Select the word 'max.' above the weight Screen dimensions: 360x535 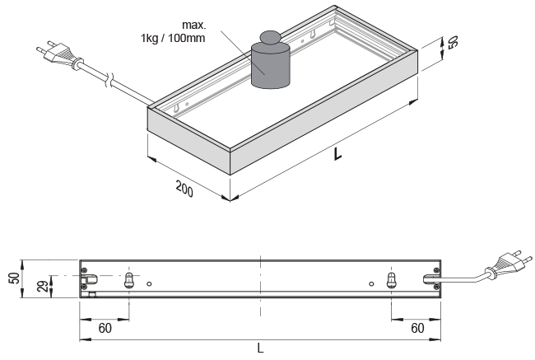pyautogui.click(x=193, y=24)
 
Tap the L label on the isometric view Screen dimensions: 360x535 pyautogui.click(x=338, y=153)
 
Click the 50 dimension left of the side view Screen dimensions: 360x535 pyautogui.click(x=13, y=277)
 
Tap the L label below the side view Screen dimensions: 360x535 pyautogui.click(x=260, y=348)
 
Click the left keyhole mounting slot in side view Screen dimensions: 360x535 pyautogui.click(x=128, y=280)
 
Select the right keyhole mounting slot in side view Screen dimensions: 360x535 pyautogui.click(x=392, y=280)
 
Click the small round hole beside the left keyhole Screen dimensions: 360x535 pyautogui.click(x=149, y=284)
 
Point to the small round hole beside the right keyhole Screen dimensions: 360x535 pyautogui.click(x=372, y=284)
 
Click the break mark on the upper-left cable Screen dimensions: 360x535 pyautogui.click(x=109, y=79)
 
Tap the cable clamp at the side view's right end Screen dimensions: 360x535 pyautogui.click(x=431, y=279)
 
